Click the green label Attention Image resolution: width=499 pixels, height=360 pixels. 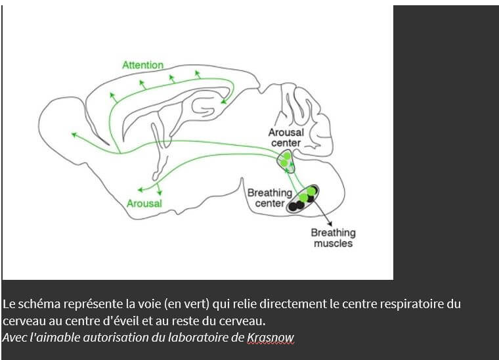[x=142, y=65]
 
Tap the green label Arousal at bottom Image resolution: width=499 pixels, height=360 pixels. [x=144, y=204]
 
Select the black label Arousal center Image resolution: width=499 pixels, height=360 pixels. [x=286, y=137]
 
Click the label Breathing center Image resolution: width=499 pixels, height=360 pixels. [x=269, y=198]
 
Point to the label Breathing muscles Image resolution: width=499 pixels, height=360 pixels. [x=333, y=238]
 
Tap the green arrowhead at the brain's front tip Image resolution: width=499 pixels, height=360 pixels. [x=74, y=134]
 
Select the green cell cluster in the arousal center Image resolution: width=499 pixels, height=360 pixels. [x=285, y=160]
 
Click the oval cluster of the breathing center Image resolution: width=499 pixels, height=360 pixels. [x=303, y=197]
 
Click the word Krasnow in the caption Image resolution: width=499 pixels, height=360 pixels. [x=271, y=338]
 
